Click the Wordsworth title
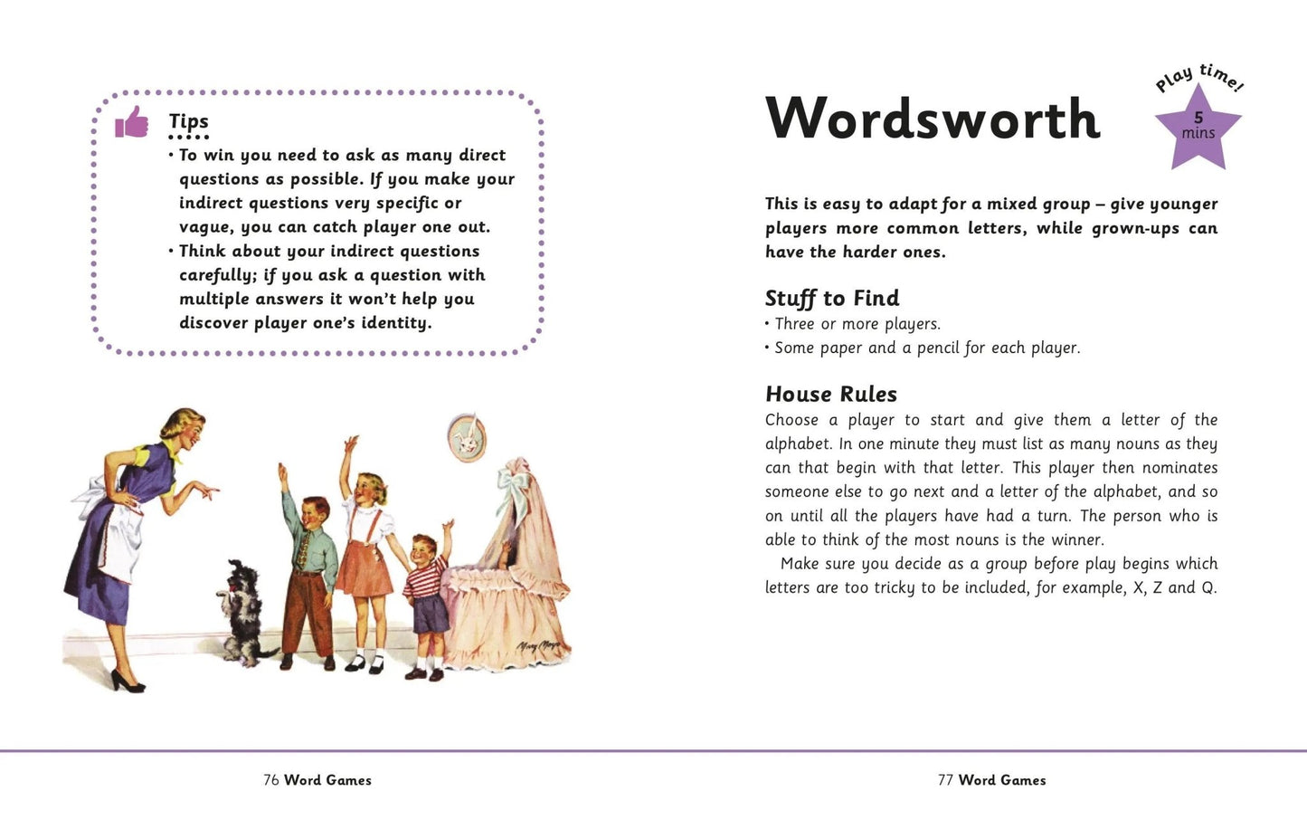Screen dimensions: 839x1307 click(933, 119)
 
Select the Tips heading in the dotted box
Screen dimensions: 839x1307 click(188, 121)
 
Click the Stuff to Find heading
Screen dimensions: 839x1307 click(832, 298)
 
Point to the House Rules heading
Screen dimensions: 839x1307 click(831, 394)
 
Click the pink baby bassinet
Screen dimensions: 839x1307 click(511, 588)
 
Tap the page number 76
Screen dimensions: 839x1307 click(271, 780)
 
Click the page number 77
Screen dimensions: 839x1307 click(946, 780)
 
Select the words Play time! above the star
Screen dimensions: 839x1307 click(1200, 78)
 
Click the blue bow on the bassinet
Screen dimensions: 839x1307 click(510, 489)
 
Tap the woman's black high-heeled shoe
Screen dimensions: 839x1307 click(127, 682)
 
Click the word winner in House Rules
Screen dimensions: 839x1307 click(1076, 539)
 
